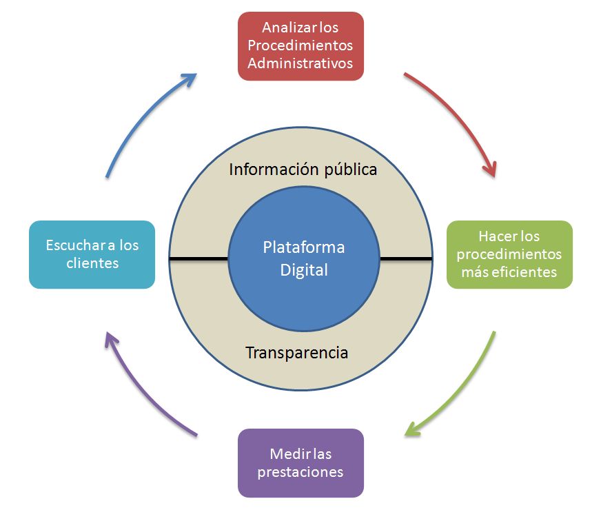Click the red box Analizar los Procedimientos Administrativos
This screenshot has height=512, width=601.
pyautogui.click(x=300, y=45)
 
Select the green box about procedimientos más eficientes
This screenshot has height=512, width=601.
pyautogui.click(x=509, y=254)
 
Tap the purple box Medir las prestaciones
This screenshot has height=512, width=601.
pyautogui.click(x=300, y=462)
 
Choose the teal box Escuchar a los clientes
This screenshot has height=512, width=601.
pyautogui.click(x=92, y=254)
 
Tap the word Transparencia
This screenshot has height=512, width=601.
pyautogui.click(x=297, y=353)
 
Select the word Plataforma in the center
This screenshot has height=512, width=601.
pyautogui.click(x=303, y=247)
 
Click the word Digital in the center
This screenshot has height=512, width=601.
pyautogui.click(x=303, y=269)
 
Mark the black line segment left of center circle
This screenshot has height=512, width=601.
pyautogui.click(x=198, y=259)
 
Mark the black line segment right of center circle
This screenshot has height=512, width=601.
pyautogui.click(x=406, y=259)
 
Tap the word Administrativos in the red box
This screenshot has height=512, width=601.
pyautogui.click(x=300, y=63)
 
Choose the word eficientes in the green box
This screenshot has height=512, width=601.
pyautogui.click(x=527, y=272)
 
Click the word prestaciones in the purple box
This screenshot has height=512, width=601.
pyautogui.click(x=300, y=472)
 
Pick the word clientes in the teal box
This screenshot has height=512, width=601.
pyautogui.click(x=92, y=263)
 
